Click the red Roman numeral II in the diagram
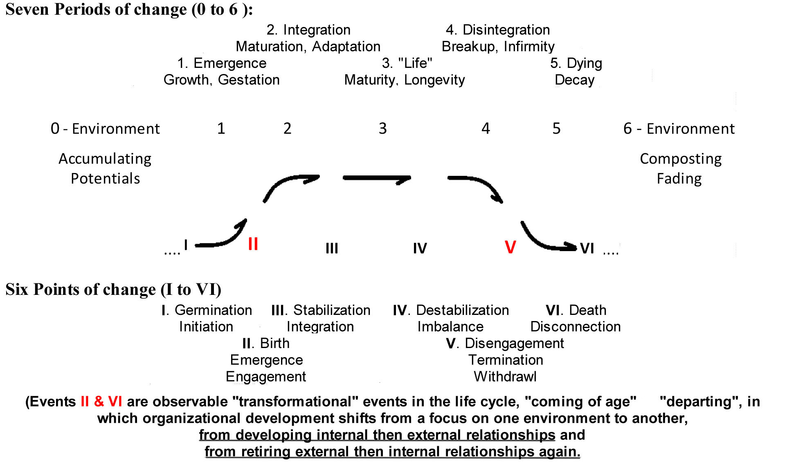point(253,244)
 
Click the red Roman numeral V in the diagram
point(510,247)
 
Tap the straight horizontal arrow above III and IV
point(377,178)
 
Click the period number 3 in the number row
point(382,128)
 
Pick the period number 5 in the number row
point(556,128)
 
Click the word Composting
point(681,159)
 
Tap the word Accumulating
point(105,159)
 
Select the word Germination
point(213,310)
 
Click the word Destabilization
point(462,310)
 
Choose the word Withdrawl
point(505,376)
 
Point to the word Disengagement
point(514,343)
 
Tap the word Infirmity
point(529,47)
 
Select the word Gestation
point(249,80)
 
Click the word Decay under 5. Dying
point(574,80)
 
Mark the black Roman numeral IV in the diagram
point(420,248)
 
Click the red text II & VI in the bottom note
point(101,402)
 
